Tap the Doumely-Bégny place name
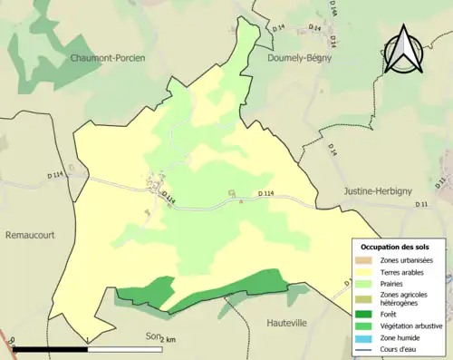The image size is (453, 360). pos(300,57)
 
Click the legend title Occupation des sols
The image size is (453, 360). pos(395,247)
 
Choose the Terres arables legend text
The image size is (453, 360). pos(402,272)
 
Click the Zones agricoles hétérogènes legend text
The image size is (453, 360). pos(405,298)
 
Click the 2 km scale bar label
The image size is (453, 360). pos(167,340)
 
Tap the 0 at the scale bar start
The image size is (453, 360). pos(12,342)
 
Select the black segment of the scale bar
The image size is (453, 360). pos(50,349)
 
